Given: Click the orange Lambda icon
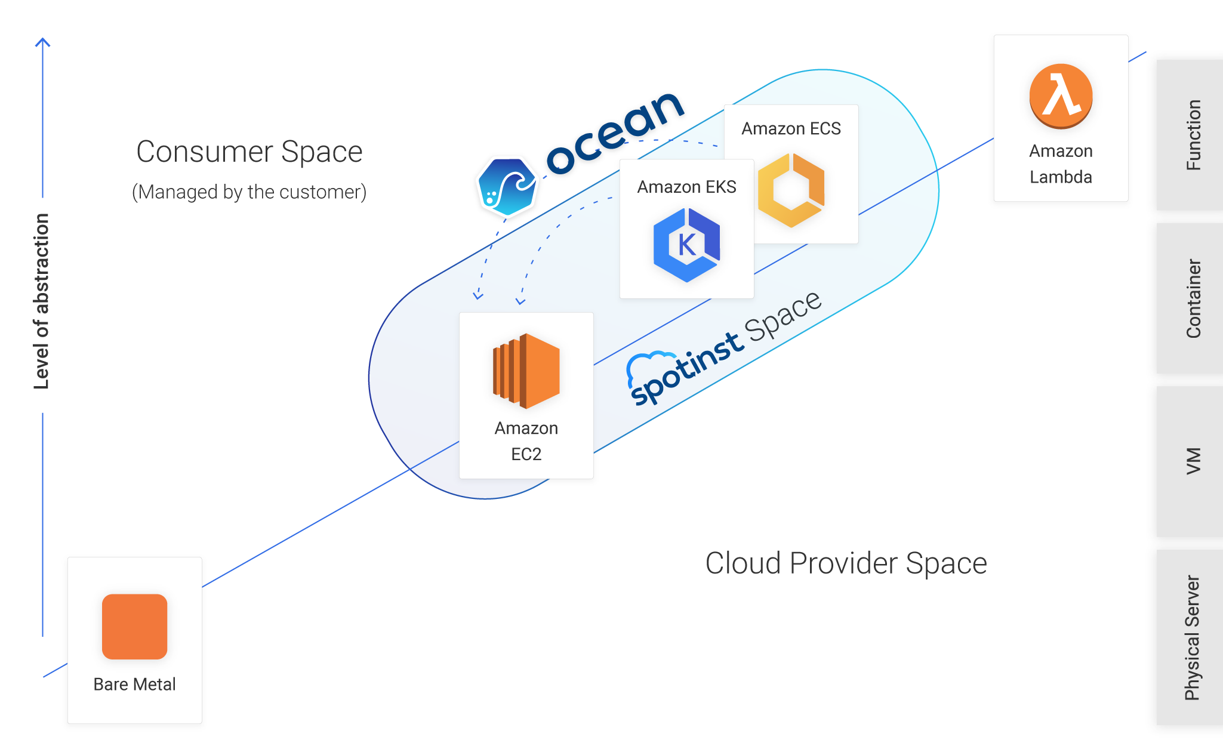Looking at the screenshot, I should (x=1061, y=96).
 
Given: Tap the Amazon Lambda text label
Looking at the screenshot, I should (x=1061, y=164).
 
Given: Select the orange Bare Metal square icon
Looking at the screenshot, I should (x=134, y=626).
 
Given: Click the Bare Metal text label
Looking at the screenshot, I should (x=134, y=684).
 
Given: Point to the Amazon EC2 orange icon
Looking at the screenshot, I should (x=526, y=371).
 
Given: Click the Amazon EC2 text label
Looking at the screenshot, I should (x=526, y=441).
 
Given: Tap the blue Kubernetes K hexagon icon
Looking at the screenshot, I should (x=686, y=245).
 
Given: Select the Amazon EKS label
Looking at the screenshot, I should (x=686, y=187).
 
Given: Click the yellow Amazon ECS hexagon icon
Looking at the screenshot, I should (x=791, y=190).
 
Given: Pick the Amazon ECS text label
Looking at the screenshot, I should (x=791, y=128).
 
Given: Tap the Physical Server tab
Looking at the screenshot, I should (x=1191, y=637).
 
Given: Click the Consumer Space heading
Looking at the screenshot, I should (x=249, y=152).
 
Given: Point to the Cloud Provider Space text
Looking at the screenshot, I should (x=846, y=563).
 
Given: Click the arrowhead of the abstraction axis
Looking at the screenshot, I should (x=42, y=42).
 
